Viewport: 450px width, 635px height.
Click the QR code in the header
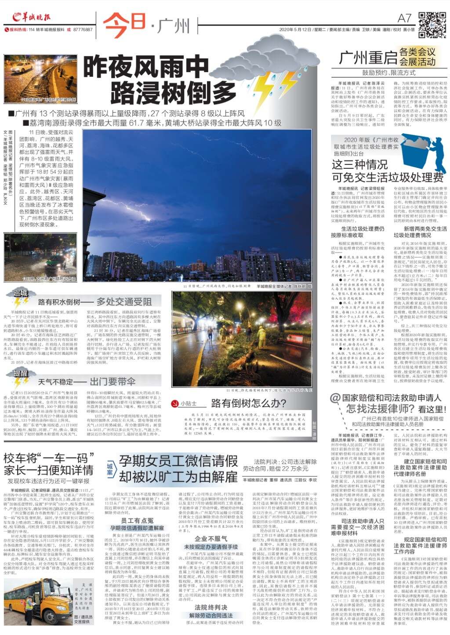click(432, 25)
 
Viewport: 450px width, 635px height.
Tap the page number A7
click(404, 18)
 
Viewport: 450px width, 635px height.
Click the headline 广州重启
click(368, 58)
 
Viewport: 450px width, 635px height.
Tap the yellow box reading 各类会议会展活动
click(417, 57)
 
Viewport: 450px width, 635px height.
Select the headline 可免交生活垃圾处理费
click(388, 177)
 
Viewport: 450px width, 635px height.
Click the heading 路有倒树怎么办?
click(248, 403)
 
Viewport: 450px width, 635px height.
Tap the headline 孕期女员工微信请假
click(178, 461)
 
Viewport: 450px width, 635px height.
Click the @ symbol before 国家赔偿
click(335, 399)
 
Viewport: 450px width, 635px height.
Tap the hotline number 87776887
click(83, 29)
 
